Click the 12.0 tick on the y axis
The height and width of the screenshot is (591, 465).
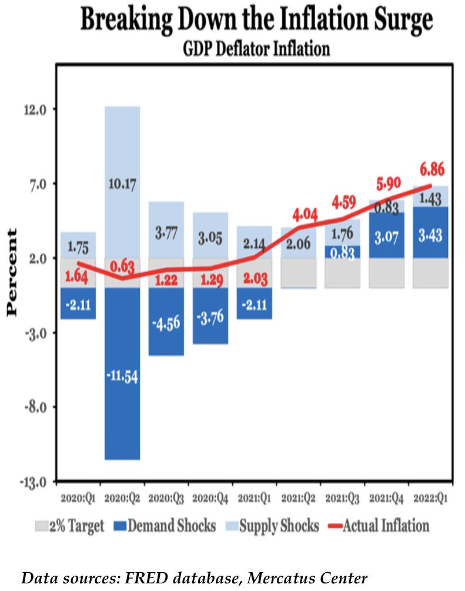[36, 109]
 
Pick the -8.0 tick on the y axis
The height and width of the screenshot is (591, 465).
[36, 407]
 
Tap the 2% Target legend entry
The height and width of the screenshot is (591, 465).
[70, 525]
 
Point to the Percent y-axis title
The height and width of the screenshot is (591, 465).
[13, 273]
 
